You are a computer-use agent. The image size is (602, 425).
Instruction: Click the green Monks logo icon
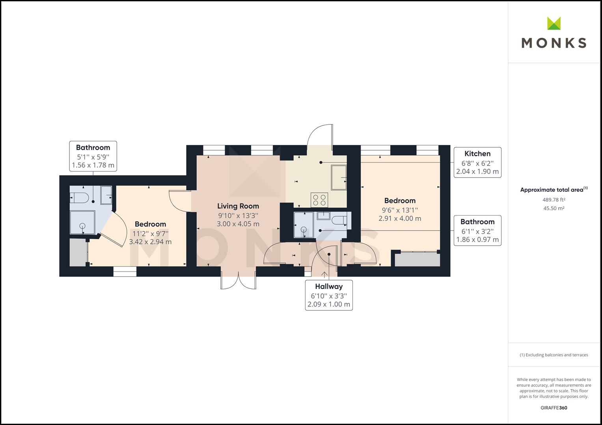(554, 23)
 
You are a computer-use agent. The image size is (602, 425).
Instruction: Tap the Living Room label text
(238, 206)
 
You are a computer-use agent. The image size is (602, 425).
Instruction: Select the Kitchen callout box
(477, 163)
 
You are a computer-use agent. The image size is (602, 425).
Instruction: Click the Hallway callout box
(329, 295)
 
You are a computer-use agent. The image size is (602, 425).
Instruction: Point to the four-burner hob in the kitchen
(319, 200)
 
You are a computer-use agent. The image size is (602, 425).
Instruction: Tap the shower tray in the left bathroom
(82, 224)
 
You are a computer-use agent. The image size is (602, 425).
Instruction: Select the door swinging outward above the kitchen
(320, 136)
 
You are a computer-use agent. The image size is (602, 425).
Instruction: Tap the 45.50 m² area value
(554, 208)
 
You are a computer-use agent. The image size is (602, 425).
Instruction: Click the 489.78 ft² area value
(554, 200)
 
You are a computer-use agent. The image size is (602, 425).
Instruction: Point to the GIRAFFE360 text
(554, 408)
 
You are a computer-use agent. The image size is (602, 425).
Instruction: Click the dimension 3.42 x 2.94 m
(150, 242)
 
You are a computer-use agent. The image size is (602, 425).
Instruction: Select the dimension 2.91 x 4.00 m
(400, 218)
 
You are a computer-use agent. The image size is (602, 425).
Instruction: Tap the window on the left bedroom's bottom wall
(125, 272)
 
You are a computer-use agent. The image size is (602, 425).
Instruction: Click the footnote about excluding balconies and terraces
(554, 355)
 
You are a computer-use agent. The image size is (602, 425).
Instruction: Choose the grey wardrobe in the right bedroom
(417, 260)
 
